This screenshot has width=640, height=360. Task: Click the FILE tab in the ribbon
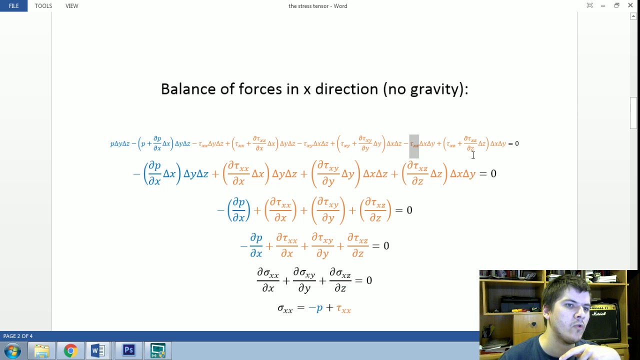click(x=13, y=6)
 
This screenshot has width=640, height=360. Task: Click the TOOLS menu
click(x=43, y=6)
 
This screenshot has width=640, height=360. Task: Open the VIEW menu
click(x=71, y=6)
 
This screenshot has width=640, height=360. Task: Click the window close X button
click(x=630, y=5)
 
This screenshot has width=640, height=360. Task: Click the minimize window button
click(x=603, y=5)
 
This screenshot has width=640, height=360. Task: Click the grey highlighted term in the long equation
click(x=414, y=145)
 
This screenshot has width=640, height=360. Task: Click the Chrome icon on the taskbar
click(x=70, y=350)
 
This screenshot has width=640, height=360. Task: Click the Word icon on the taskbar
click(x=98, y=350)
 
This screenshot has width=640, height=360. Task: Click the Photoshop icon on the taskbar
click(x=128, y=350)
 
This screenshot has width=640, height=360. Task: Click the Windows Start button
click(x=12, y=350)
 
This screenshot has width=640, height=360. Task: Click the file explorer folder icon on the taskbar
click(x=41, y=350)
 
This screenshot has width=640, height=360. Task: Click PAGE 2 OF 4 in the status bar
click(x=18, y=336)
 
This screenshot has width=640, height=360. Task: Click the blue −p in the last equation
click(x=315, y=308)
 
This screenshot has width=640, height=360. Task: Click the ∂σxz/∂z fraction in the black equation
click(x=340, y=280)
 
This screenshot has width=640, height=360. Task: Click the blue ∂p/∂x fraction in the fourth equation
click(x=256, y=245)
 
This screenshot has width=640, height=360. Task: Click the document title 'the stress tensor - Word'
click(x=317, y=6)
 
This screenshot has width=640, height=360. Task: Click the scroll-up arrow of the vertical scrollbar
click(x=633, y=16)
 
